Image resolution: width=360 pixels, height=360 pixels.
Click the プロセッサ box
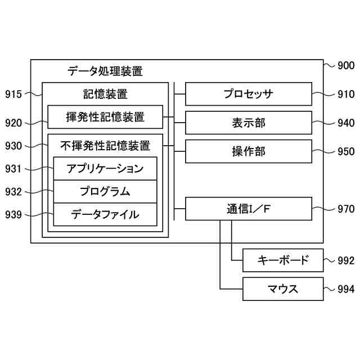248,94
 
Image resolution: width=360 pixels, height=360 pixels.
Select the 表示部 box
248,123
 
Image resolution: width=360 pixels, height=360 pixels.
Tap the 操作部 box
248,151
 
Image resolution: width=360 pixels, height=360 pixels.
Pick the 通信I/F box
248,209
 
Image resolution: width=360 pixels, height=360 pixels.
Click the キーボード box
283,260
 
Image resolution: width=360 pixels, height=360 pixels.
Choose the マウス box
283,289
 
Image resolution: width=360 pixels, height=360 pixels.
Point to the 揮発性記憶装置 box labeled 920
105,117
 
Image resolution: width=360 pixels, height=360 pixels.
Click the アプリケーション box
105,169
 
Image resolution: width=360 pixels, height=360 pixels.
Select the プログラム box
105,192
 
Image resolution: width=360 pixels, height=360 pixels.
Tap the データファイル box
105,214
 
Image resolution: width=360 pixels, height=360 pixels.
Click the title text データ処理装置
105,71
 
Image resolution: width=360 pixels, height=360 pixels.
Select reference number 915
13,94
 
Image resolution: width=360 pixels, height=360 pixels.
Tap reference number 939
13,214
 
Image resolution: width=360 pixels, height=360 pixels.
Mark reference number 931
13,169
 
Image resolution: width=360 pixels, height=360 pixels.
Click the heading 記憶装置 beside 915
105,93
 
